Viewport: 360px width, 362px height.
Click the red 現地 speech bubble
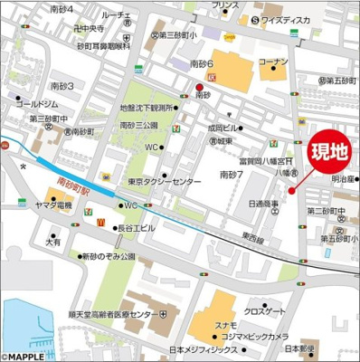coord(327,153)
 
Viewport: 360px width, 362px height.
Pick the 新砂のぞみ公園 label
coord(108,257)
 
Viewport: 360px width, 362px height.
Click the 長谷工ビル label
coord(137,228)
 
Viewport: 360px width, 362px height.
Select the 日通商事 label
coord(263,205)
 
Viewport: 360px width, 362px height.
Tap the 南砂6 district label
coord(201,64)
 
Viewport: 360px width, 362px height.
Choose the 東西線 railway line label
coord(254,240)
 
